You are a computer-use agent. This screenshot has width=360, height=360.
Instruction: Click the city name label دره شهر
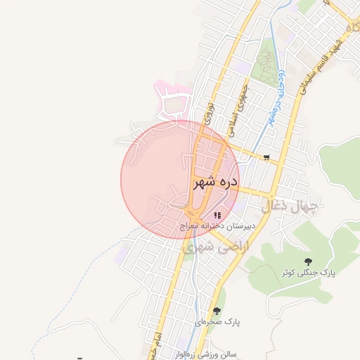[x=215, y=183]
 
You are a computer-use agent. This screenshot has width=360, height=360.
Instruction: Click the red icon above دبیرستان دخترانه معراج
[x=218, y=215]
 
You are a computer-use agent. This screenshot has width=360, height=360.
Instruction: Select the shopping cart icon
[x=266, y=157]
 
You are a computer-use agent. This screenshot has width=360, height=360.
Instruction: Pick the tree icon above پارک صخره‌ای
[x=217, y=310]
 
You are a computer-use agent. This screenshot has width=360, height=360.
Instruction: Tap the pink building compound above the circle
[x=173, y=103]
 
